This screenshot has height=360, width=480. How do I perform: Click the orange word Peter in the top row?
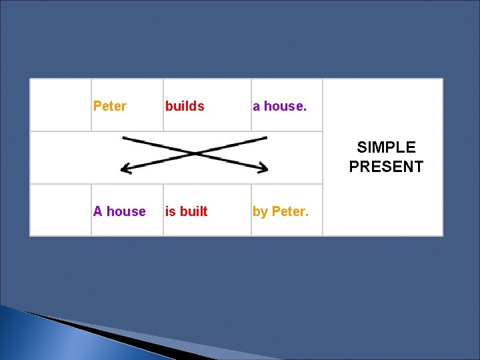click(x=110, y=106)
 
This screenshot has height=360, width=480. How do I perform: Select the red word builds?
click(x=185, y=106)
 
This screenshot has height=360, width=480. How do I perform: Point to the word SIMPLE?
click(x=386, y=147)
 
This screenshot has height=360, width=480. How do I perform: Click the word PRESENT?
click(x=386, y=166)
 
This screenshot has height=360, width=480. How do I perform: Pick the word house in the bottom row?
click(x=126, y=211)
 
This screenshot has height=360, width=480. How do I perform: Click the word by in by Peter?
click(x=259, y=211)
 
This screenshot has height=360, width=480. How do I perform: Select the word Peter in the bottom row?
click(x=290, y=211)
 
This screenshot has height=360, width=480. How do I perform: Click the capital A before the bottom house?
click(x=98, y=211)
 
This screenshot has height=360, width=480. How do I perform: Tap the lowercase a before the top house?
click(x=257, y=106)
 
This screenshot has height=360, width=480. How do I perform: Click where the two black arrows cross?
click(x=194, y=154)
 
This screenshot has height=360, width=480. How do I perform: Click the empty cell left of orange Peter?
click(x=61, y=105)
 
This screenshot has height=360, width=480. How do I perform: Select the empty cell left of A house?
click(x=61, y=210)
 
